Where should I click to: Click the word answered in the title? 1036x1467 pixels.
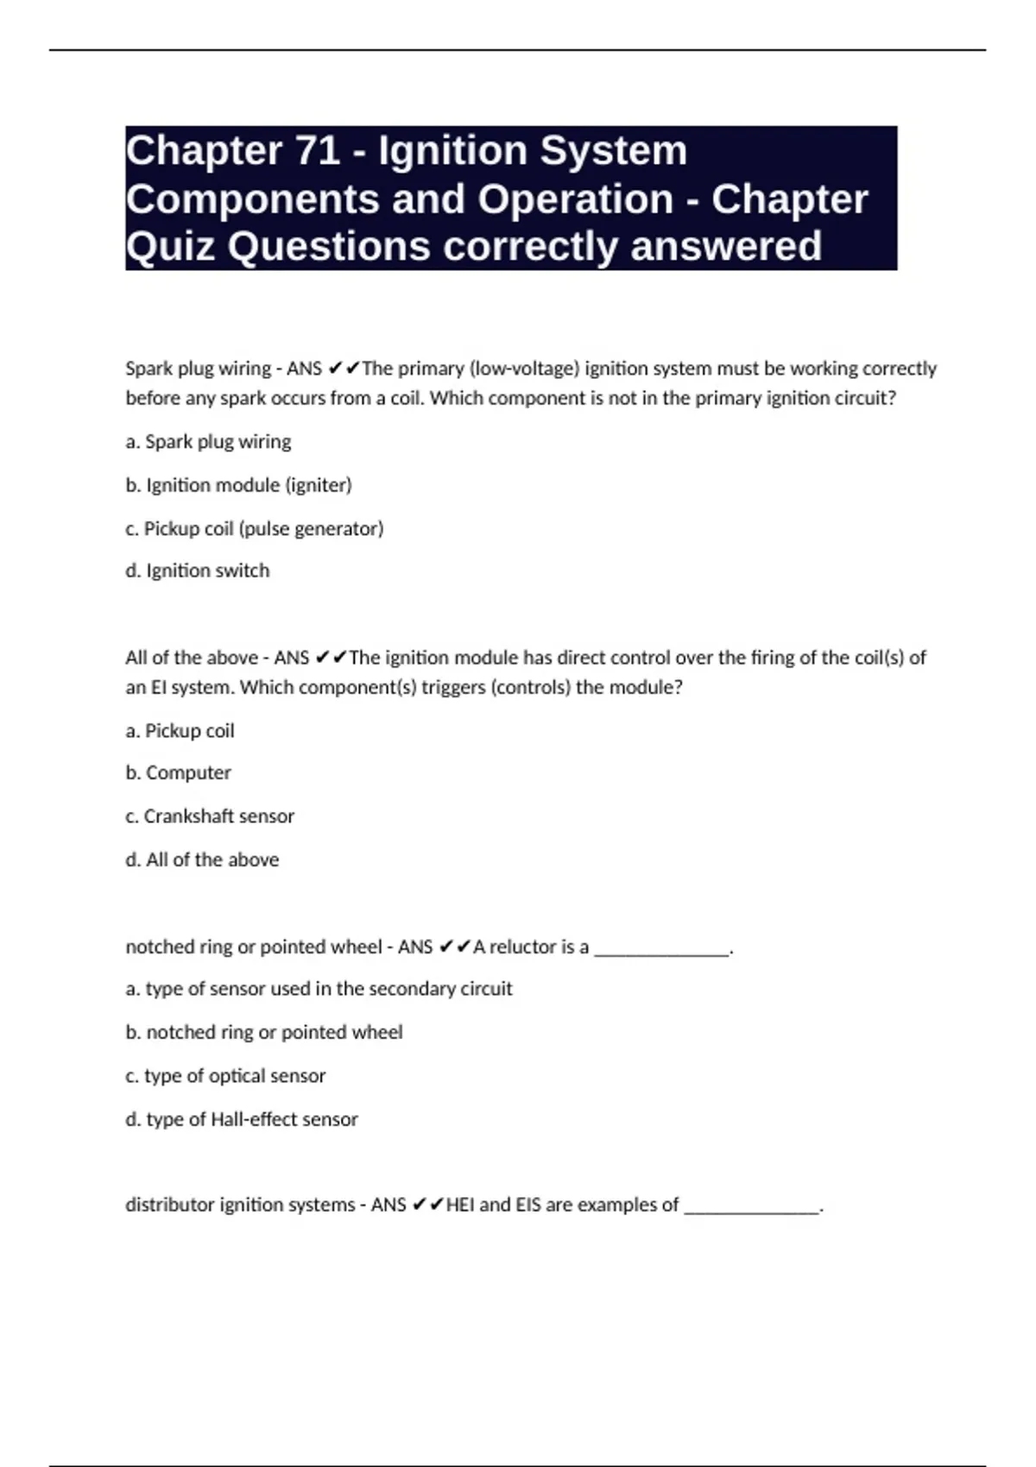[x=726, y=246]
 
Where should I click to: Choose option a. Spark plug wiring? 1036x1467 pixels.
[x=208, y=442]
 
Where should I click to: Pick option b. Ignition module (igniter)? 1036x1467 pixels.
[x=238, y=485]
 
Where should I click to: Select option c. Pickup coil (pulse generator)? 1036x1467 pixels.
[x=255, y=528]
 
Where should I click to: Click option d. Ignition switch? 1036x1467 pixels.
[x=198, y=570]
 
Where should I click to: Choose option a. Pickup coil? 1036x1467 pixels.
[x=180, y=731]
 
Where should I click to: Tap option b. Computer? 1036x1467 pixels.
[x=178, y=773]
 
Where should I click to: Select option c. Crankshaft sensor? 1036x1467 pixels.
[x=210, y=816]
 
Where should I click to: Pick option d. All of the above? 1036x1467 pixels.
[x=202, y=859]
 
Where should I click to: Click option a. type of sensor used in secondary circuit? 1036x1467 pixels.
[x=319, y=989]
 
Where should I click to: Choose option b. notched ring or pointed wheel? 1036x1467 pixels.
[x=264, y=1032]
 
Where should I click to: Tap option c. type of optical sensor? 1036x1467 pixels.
[x=225, y=1076]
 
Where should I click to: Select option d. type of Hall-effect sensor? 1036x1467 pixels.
[x=242, y=1119]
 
